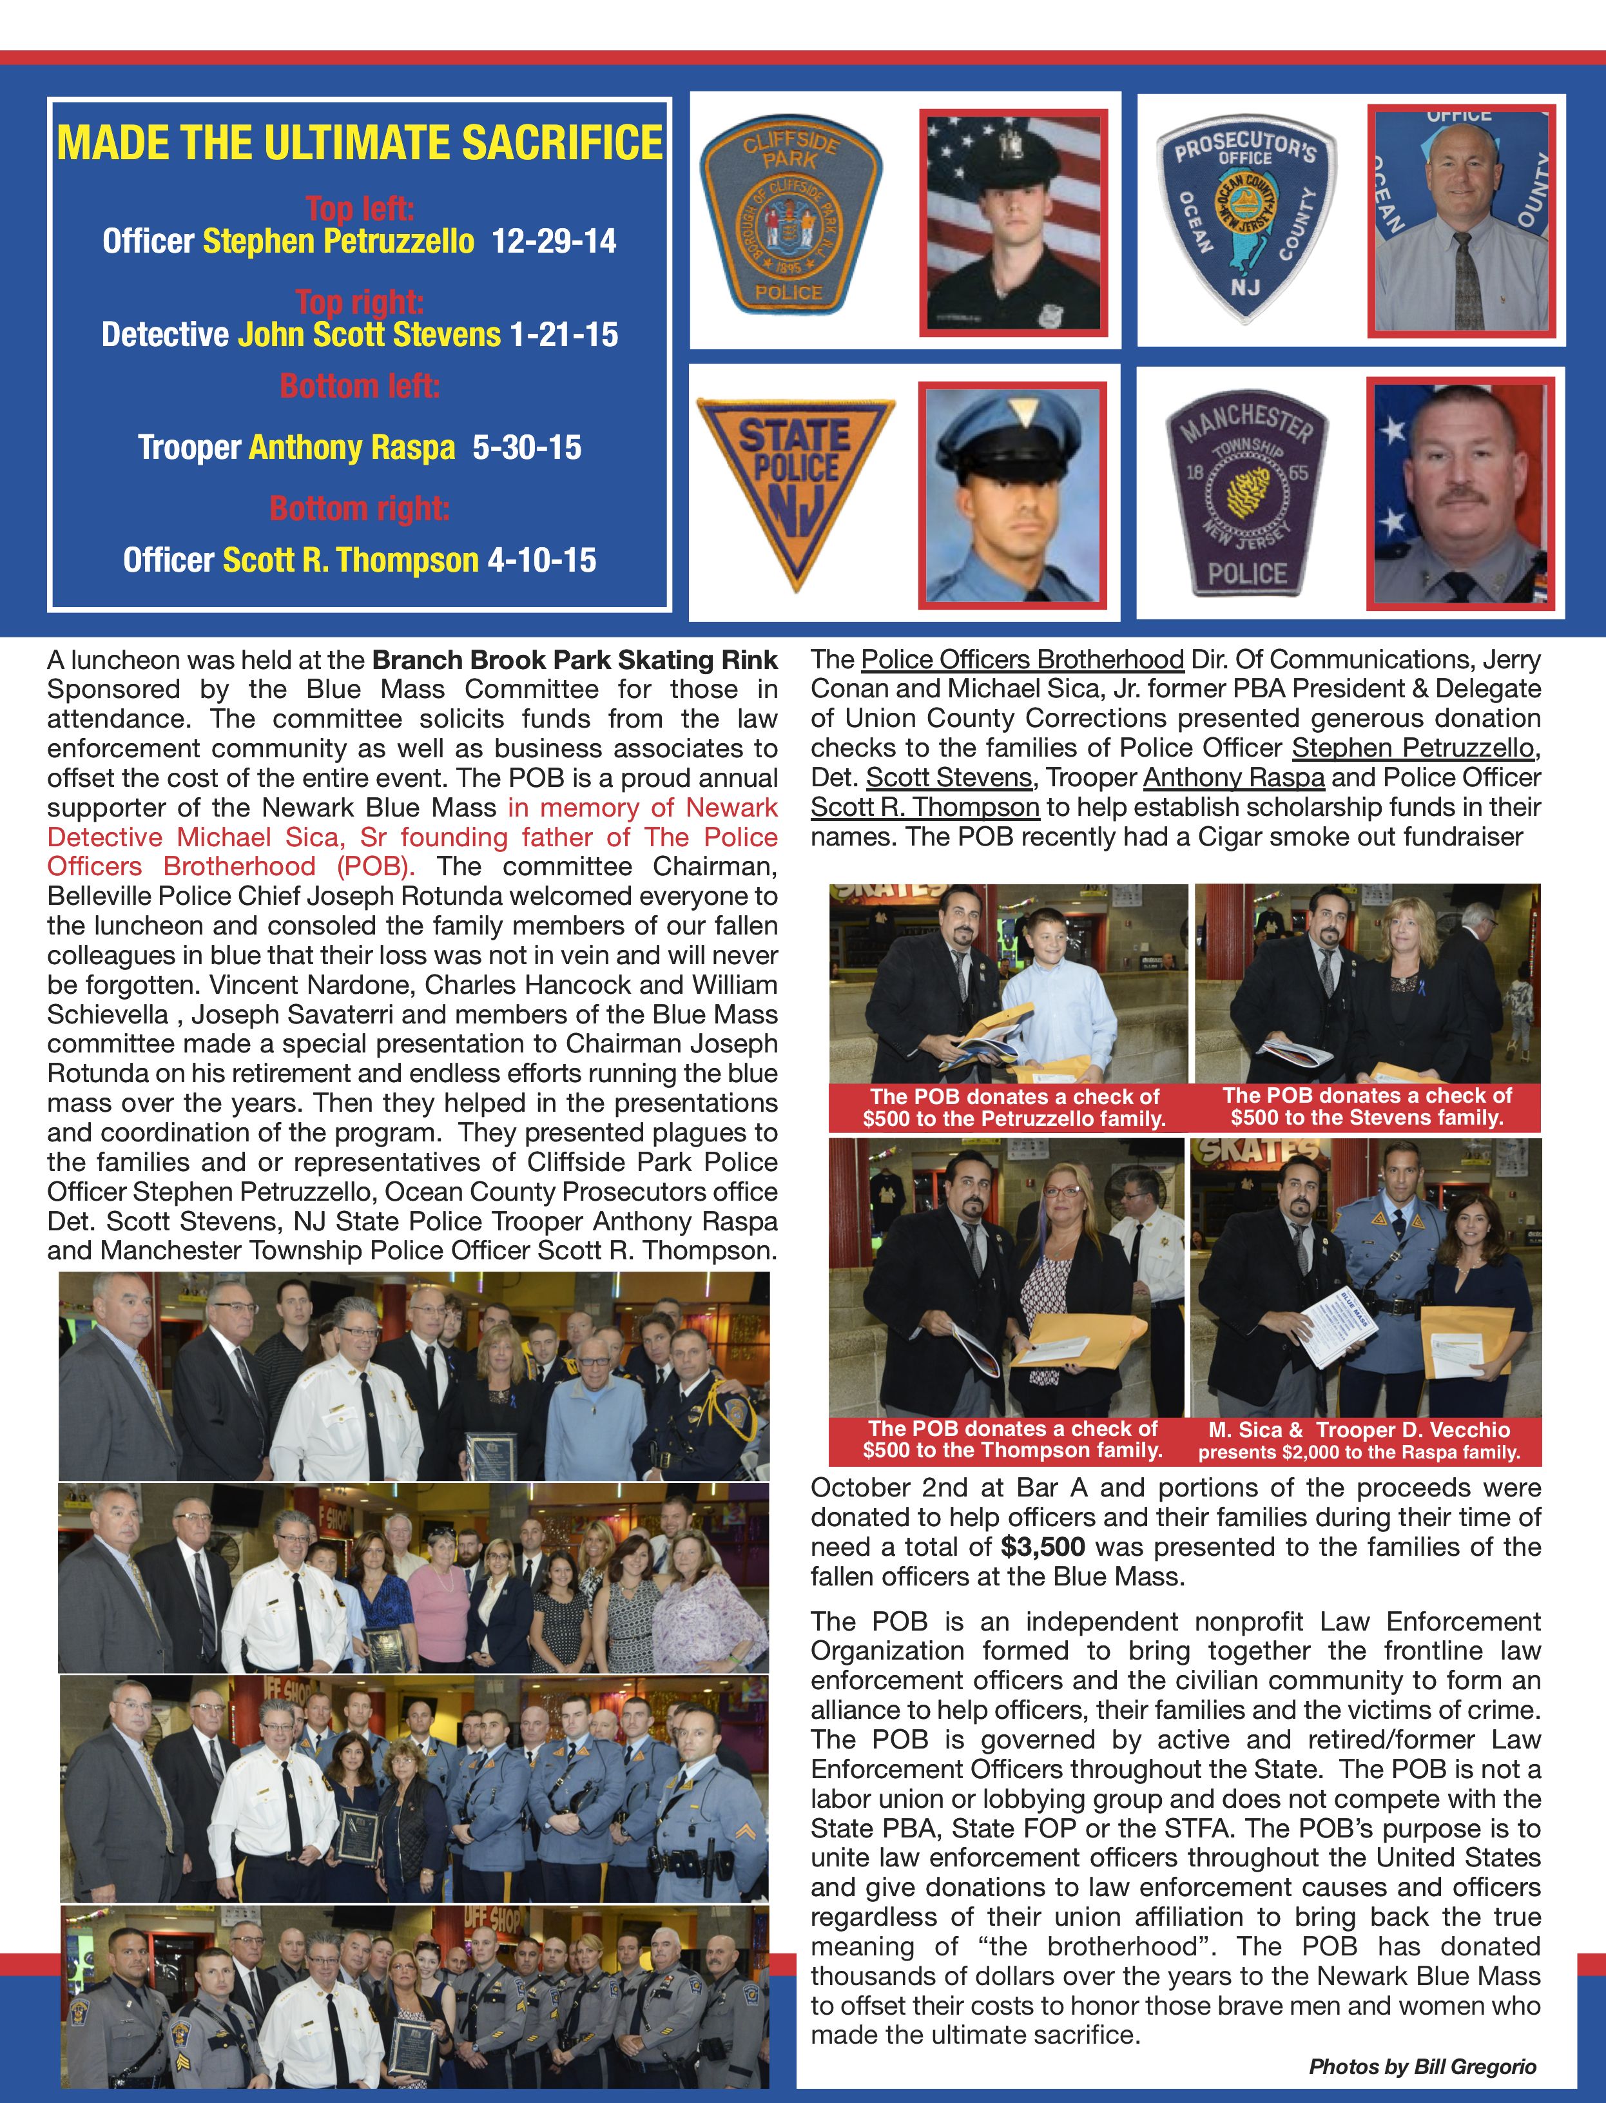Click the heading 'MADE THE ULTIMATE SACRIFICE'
[360, 143]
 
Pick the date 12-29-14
[554, 241]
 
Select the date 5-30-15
[526, 447]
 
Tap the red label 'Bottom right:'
[360, 509]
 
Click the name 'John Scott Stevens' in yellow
[369, 334]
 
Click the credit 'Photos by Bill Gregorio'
[1422, 2067]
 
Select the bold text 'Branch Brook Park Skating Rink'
[574, 661]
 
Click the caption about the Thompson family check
[1012, 1440]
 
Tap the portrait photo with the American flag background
[1012, 222]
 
